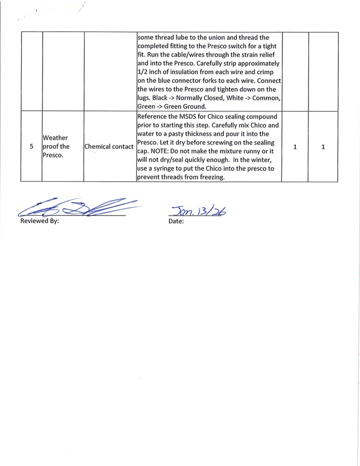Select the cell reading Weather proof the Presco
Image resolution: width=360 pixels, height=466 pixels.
56,146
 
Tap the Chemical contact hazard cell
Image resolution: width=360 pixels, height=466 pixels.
109,147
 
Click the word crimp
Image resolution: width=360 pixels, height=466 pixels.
272,72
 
